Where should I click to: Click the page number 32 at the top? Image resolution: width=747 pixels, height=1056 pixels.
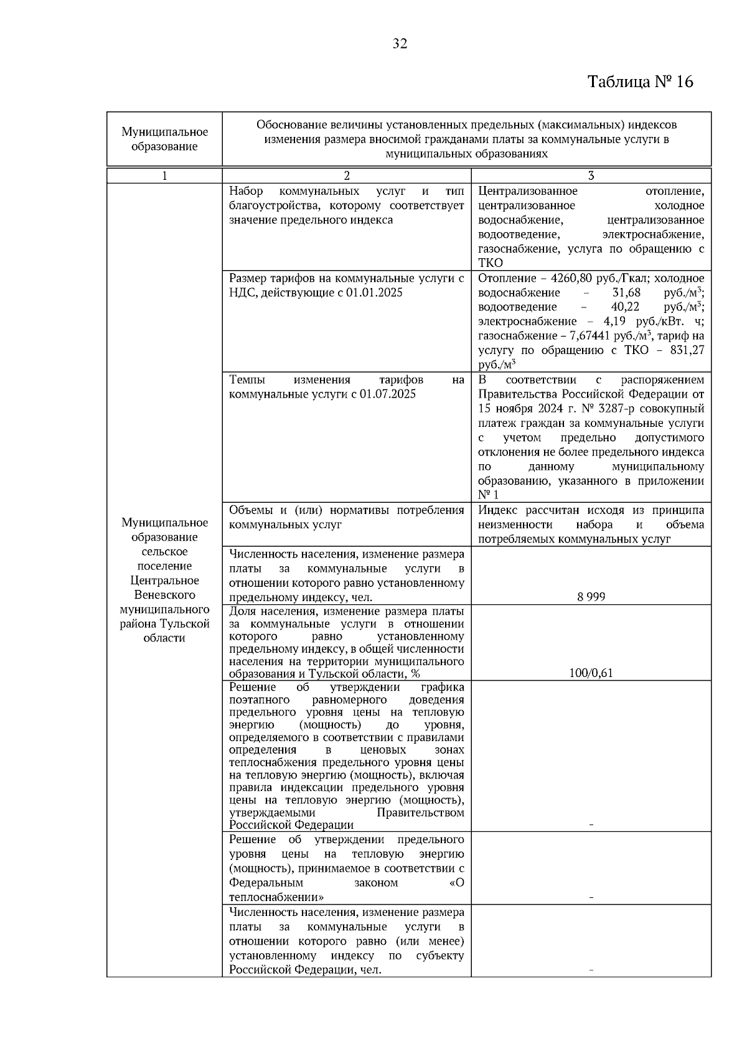tap(400, 44)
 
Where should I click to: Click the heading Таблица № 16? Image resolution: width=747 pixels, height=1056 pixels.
tap(640, 82)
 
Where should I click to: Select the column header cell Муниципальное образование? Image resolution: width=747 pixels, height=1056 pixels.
tap(164, 139)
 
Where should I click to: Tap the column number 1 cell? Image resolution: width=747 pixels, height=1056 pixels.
tap(164, 176)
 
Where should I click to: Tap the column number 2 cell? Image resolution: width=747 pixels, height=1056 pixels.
tap(347, 176)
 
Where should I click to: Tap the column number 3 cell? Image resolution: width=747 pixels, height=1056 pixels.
tap(591, 176)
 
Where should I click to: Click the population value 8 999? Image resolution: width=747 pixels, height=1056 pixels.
tap(591, 597)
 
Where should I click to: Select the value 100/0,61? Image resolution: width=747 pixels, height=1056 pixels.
tap(591, 673)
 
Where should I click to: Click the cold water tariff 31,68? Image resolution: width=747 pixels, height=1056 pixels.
tap(626, 292)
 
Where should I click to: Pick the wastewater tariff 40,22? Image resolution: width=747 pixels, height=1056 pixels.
tap(625, 307)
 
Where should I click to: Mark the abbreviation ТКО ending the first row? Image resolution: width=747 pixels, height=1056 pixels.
tap(491, 263)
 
